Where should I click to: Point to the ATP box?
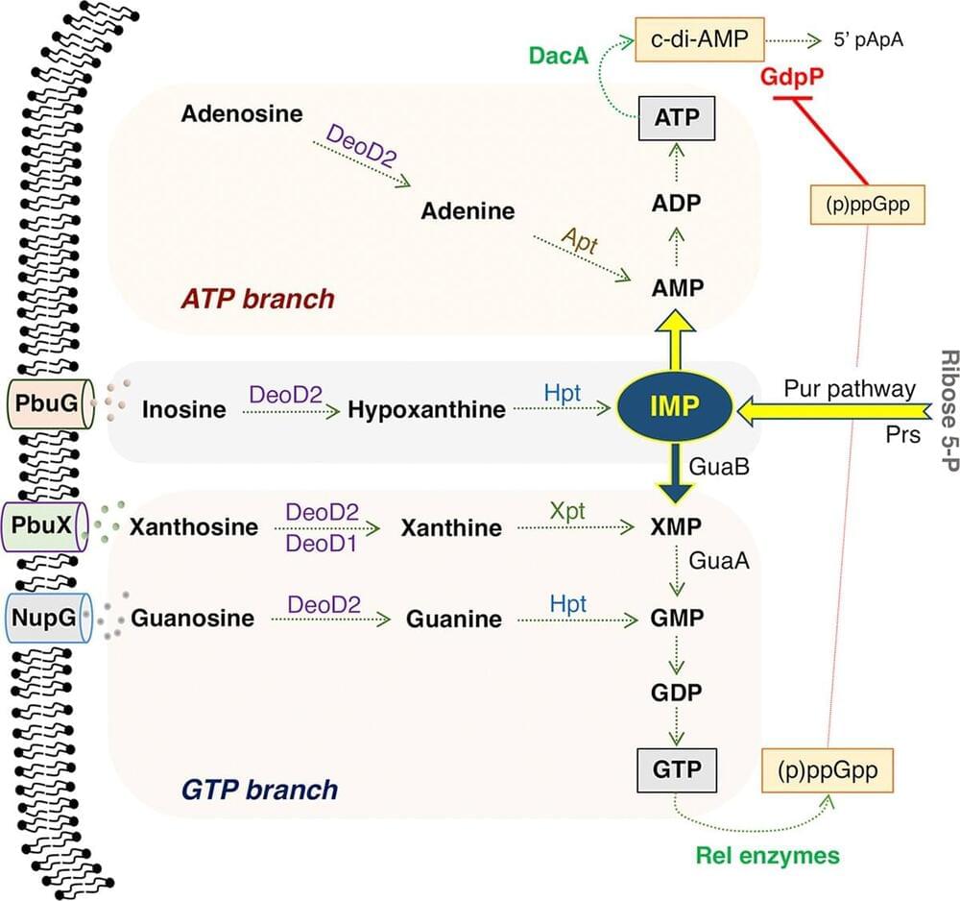(x=677, y=119)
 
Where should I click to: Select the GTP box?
(x=679, y=767)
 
